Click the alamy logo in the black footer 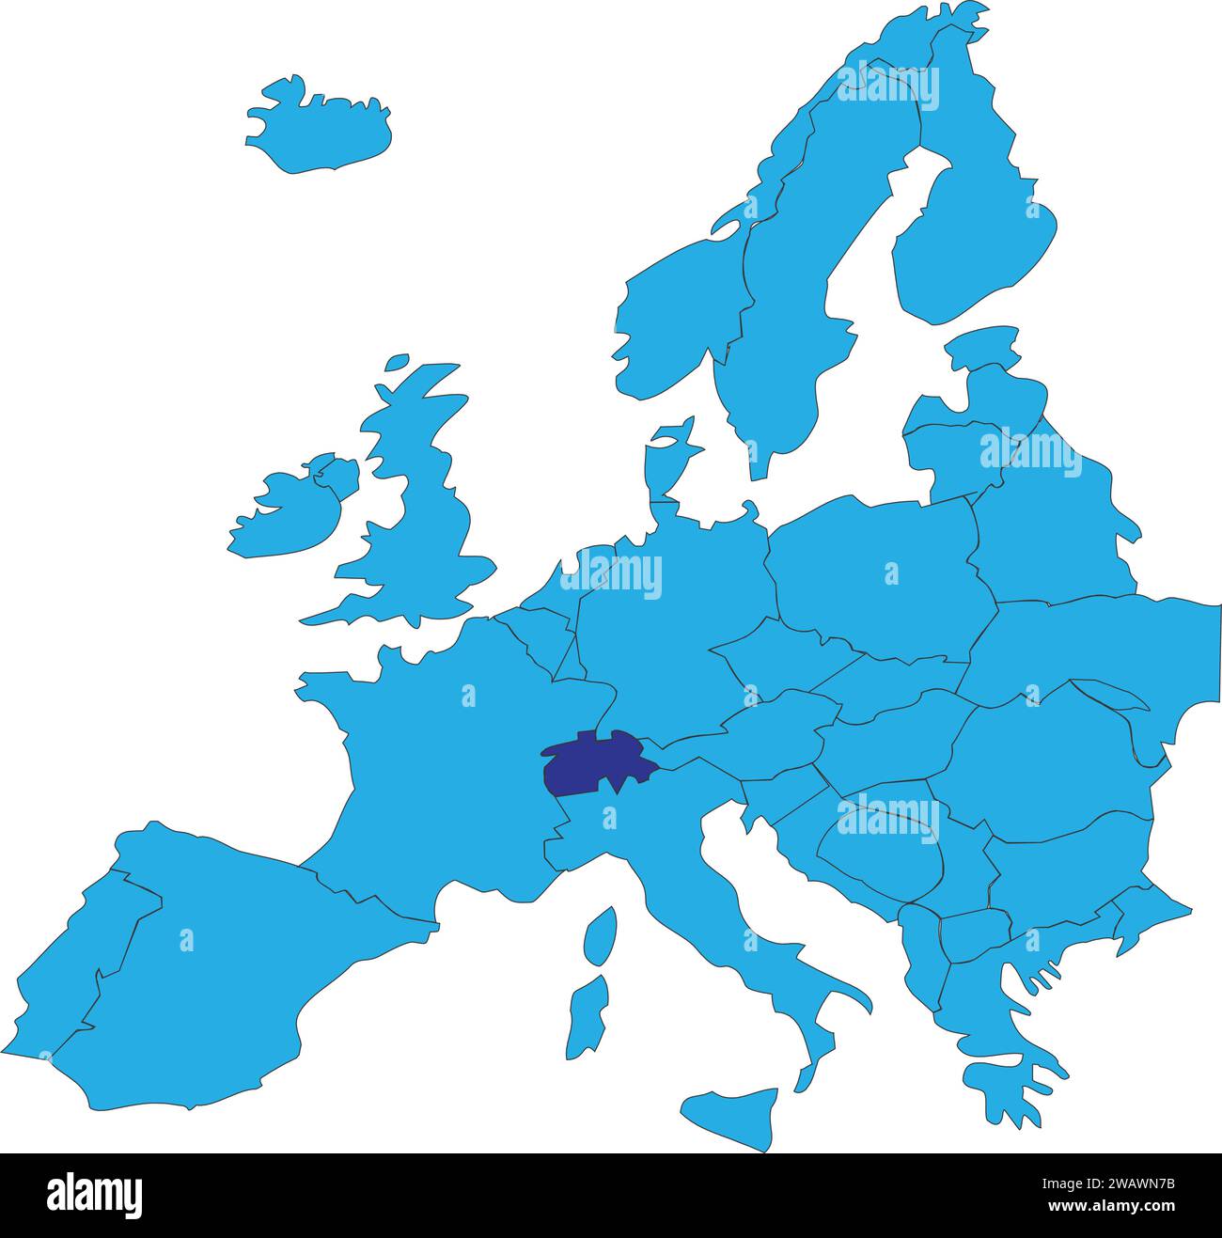(x=95, y=1195)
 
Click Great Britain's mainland (x=442, y=526)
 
